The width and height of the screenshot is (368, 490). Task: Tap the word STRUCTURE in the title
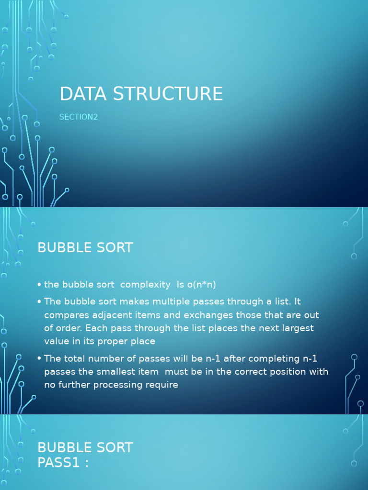point(168,94)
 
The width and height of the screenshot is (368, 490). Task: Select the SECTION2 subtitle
point(79,117)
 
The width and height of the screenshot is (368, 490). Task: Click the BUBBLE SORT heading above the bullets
point(85,248)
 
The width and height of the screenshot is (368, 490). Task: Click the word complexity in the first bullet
point(145,285)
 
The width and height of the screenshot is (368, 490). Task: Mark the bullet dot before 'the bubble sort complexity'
point(39,285)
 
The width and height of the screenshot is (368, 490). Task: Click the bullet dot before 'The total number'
point(39,359)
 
